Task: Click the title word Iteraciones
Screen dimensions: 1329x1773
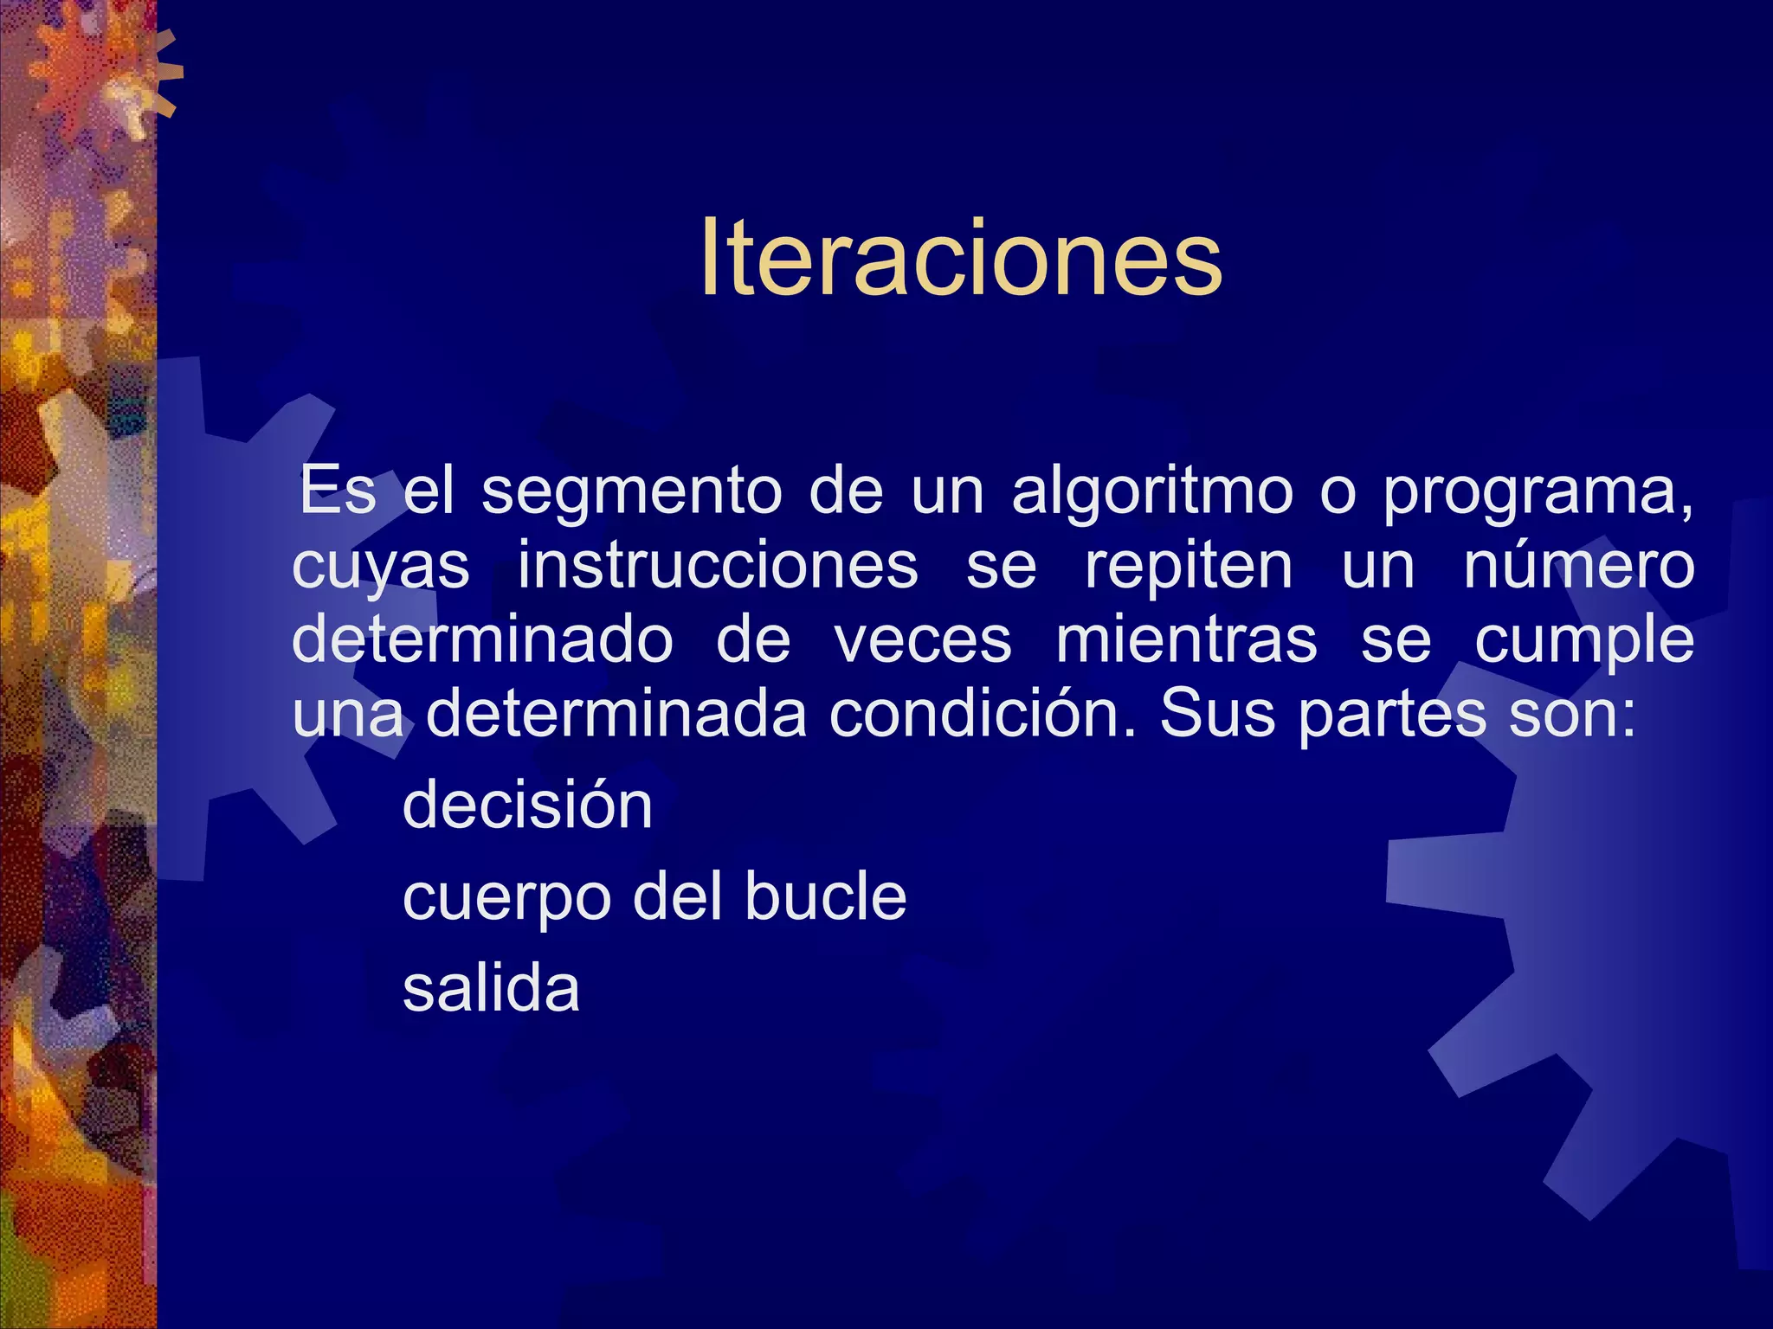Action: point(961,258)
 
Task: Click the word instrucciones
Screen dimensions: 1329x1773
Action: point(718,567)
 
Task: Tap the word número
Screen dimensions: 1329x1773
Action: point(1578,567)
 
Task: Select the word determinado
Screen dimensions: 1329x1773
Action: point(482,641)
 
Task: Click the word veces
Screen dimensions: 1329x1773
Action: point(923,641)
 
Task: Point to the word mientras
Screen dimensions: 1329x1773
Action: point(1186,641)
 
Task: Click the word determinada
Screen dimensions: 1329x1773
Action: point(616,715)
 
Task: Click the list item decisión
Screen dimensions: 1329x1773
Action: point(527,806)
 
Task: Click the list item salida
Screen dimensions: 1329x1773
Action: point(491,988)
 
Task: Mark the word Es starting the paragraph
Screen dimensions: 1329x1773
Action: point(338,491)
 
